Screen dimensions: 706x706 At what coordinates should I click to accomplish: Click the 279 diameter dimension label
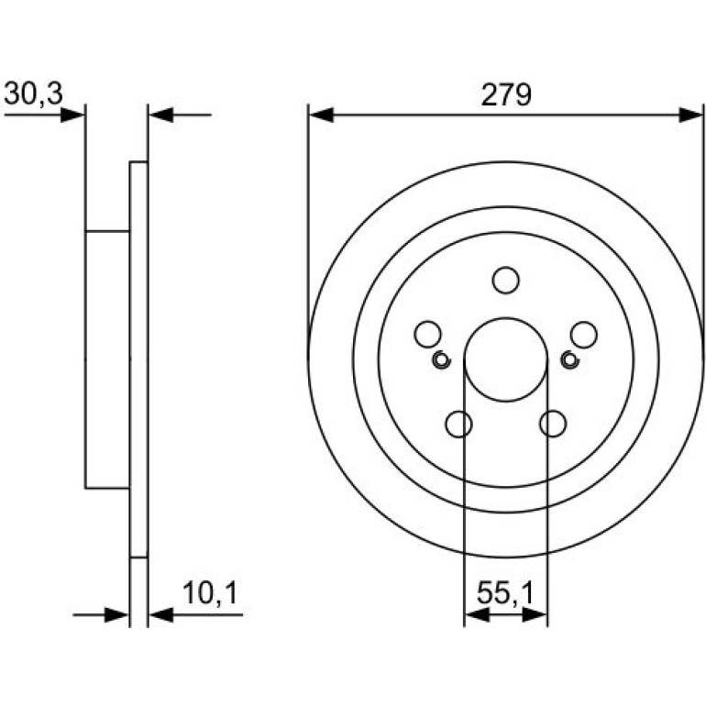[506, 95]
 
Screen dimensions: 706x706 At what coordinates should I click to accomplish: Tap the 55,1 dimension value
[505, 592]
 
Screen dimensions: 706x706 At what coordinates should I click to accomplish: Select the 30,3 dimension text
[33, 94]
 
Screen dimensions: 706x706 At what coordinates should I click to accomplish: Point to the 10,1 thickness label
[210, 592]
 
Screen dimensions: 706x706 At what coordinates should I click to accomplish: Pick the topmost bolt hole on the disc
[505, 280]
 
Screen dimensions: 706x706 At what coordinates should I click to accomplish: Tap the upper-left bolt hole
[427, 335]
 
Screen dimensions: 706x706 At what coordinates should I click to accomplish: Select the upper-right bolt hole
[583, 335]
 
